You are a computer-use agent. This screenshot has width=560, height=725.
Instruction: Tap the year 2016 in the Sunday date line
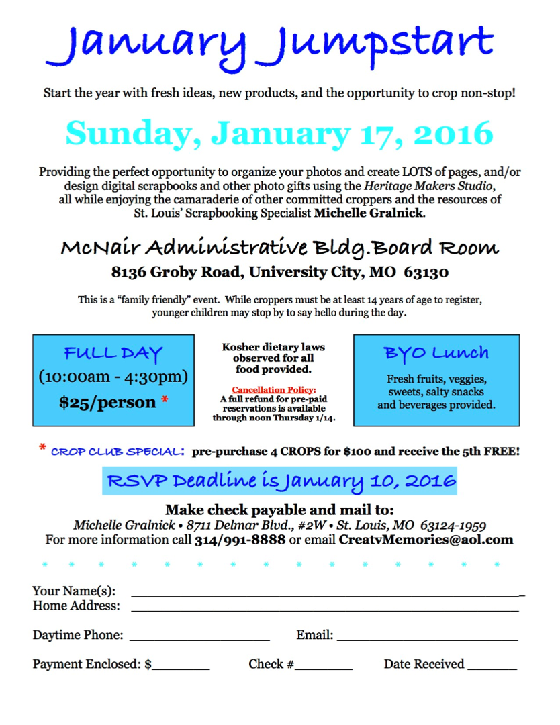point(453,133)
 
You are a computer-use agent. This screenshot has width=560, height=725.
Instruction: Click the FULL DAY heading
point(113,354)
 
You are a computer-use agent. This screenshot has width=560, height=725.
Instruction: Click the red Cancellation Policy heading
point(273,389)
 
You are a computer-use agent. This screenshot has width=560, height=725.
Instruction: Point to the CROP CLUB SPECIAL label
point(118,452)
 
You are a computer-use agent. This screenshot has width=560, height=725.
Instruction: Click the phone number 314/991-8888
point(240,540)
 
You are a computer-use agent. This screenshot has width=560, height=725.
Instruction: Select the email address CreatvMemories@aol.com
point(426,540)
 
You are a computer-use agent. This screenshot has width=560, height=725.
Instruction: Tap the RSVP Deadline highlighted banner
point(279,481)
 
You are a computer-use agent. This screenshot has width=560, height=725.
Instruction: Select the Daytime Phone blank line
point(199,640)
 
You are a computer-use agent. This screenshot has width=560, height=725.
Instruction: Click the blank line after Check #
point(324,669)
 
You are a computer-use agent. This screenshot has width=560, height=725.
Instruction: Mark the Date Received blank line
point(492,669)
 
